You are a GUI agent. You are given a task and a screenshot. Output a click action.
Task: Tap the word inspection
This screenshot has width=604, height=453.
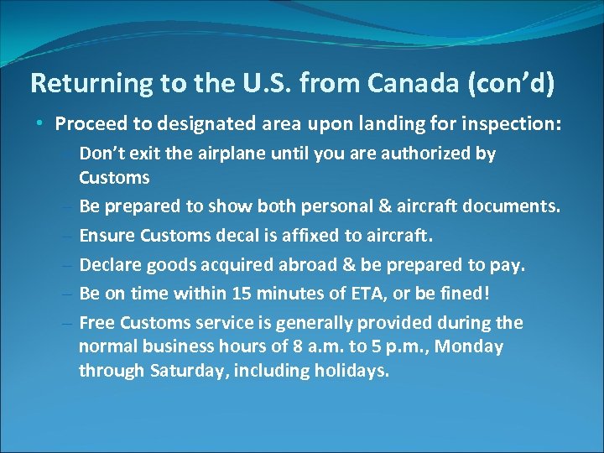pyautogui.click(x=512, y=124)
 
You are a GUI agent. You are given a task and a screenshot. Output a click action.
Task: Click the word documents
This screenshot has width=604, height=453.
pyautogui.click(x=516, y=207)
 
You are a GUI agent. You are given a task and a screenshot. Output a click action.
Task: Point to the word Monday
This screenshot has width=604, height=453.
pyautogui.click(x=472, y=346)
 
